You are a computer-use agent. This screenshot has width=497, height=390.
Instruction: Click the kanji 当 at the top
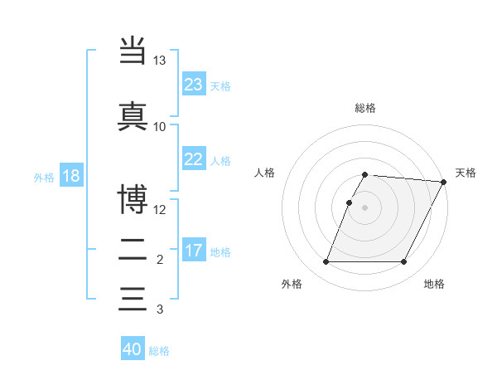click(133, 50)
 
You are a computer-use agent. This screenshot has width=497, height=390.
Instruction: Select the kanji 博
click(133, 199)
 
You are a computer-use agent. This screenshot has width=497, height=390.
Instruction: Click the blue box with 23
click(194, 85)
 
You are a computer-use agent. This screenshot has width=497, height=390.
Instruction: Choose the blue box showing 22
click(194, 159)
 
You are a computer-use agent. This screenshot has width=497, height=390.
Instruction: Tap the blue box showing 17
click(194, 251)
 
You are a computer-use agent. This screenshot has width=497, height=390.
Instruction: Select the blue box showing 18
click(70, 176)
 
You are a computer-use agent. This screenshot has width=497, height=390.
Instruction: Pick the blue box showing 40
click(133, 349)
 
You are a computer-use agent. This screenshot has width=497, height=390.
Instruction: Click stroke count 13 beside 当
click(160, 61)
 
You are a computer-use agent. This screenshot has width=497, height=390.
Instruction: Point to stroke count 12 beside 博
click(160, 209)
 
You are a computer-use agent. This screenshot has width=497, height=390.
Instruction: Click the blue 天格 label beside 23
click(220, 85)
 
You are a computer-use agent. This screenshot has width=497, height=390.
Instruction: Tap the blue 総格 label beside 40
click(159, 351)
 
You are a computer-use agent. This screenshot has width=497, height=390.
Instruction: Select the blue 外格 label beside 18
click(44, 177)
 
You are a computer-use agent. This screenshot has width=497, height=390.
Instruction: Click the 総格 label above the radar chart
click(365, 108)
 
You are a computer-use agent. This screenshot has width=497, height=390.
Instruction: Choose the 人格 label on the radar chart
click(265, 173)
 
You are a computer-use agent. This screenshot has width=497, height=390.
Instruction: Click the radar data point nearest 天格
click(444, 182)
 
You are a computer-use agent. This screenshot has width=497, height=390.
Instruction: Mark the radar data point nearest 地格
click(404, 262)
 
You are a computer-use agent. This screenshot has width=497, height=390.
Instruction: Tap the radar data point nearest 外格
click(326, 262)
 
